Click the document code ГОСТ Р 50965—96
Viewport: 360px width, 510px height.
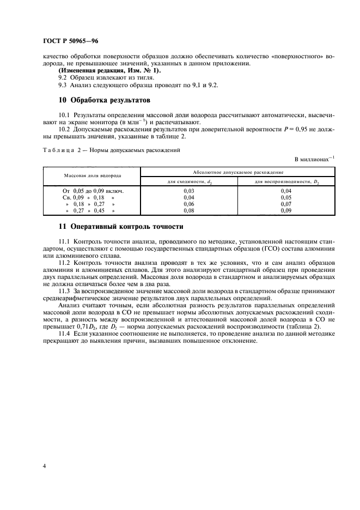[71, 41]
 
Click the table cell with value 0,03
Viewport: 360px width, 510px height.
[190, 191]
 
